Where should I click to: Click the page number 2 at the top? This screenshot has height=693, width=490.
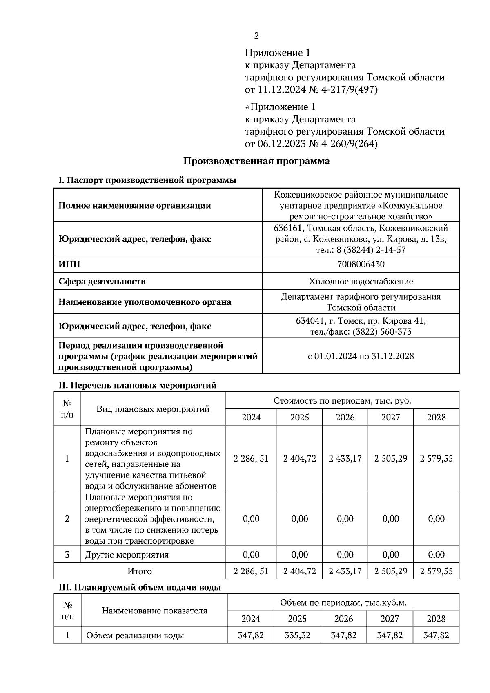pos(256,36)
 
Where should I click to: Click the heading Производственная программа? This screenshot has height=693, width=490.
pos(256,161)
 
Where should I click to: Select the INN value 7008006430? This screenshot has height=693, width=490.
pos(361,264)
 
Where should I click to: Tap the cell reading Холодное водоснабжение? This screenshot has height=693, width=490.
pos(361,281)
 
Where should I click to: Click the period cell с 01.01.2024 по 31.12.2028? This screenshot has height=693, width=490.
pos(361,356)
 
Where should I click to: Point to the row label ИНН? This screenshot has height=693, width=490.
pos(69,264)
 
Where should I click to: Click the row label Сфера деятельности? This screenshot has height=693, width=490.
pos(102,281)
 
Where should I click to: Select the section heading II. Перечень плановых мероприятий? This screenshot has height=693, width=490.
pos(138,385)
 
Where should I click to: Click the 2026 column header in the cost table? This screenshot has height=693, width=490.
pos(345,417)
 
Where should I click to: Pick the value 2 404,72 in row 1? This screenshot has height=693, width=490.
pos(300,458)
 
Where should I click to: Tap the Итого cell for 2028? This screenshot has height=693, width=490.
pos(436,571)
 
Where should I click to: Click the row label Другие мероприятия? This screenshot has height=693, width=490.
pos(127,555)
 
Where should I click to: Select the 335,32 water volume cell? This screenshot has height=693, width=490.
pos(297,635)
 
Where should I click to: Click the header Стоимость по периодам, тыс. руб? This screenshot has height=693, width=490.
pos(342,400)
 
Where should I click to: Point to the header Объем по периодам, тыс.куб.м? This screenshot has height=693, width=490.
pos(343,602)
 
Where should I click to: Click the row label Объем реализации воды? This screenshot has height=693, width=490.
pos(135,635)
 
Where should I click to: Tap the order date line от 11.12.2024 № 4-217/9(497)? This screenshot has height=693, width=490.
pos(311,90)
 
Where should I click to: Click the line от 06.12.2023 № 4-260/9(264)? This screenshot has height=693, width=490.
pos(311,144)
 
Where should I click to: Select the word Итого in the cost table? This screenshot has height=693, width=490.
pos(140,571)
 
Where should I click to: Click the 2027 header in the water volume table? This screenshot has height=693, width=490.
pos(390,619)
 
